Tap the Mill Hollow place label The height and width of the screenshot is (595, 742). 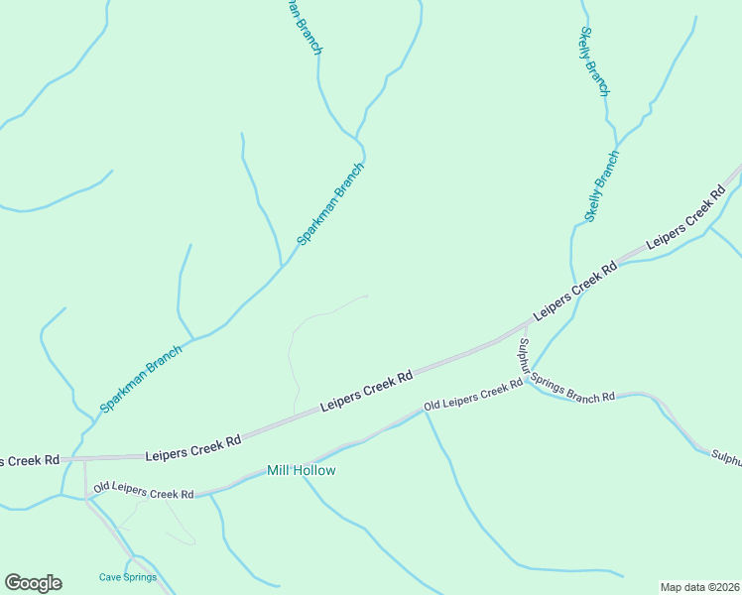[302, 470]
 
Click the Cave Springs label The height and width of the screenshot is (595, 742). [128, 577]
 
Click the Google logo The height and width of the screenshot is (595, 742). [33, 583]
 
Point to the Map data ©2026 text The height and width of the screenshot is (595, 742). [699, 587]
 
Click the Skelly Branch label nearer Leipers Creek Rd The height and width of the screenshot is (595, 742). [601, 186]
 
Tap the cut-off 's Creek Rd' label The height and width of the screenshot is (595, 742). [30, 460]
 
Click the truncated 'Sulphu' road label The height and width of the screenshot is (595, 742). [726, 456]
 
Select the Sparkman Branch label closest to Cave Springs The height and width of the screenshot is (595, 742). [141, 379]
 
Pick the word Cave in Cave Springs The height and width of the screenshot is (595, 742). [109, 577]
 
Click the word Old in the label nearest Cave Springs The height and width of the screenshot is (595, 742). [101, 488]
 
